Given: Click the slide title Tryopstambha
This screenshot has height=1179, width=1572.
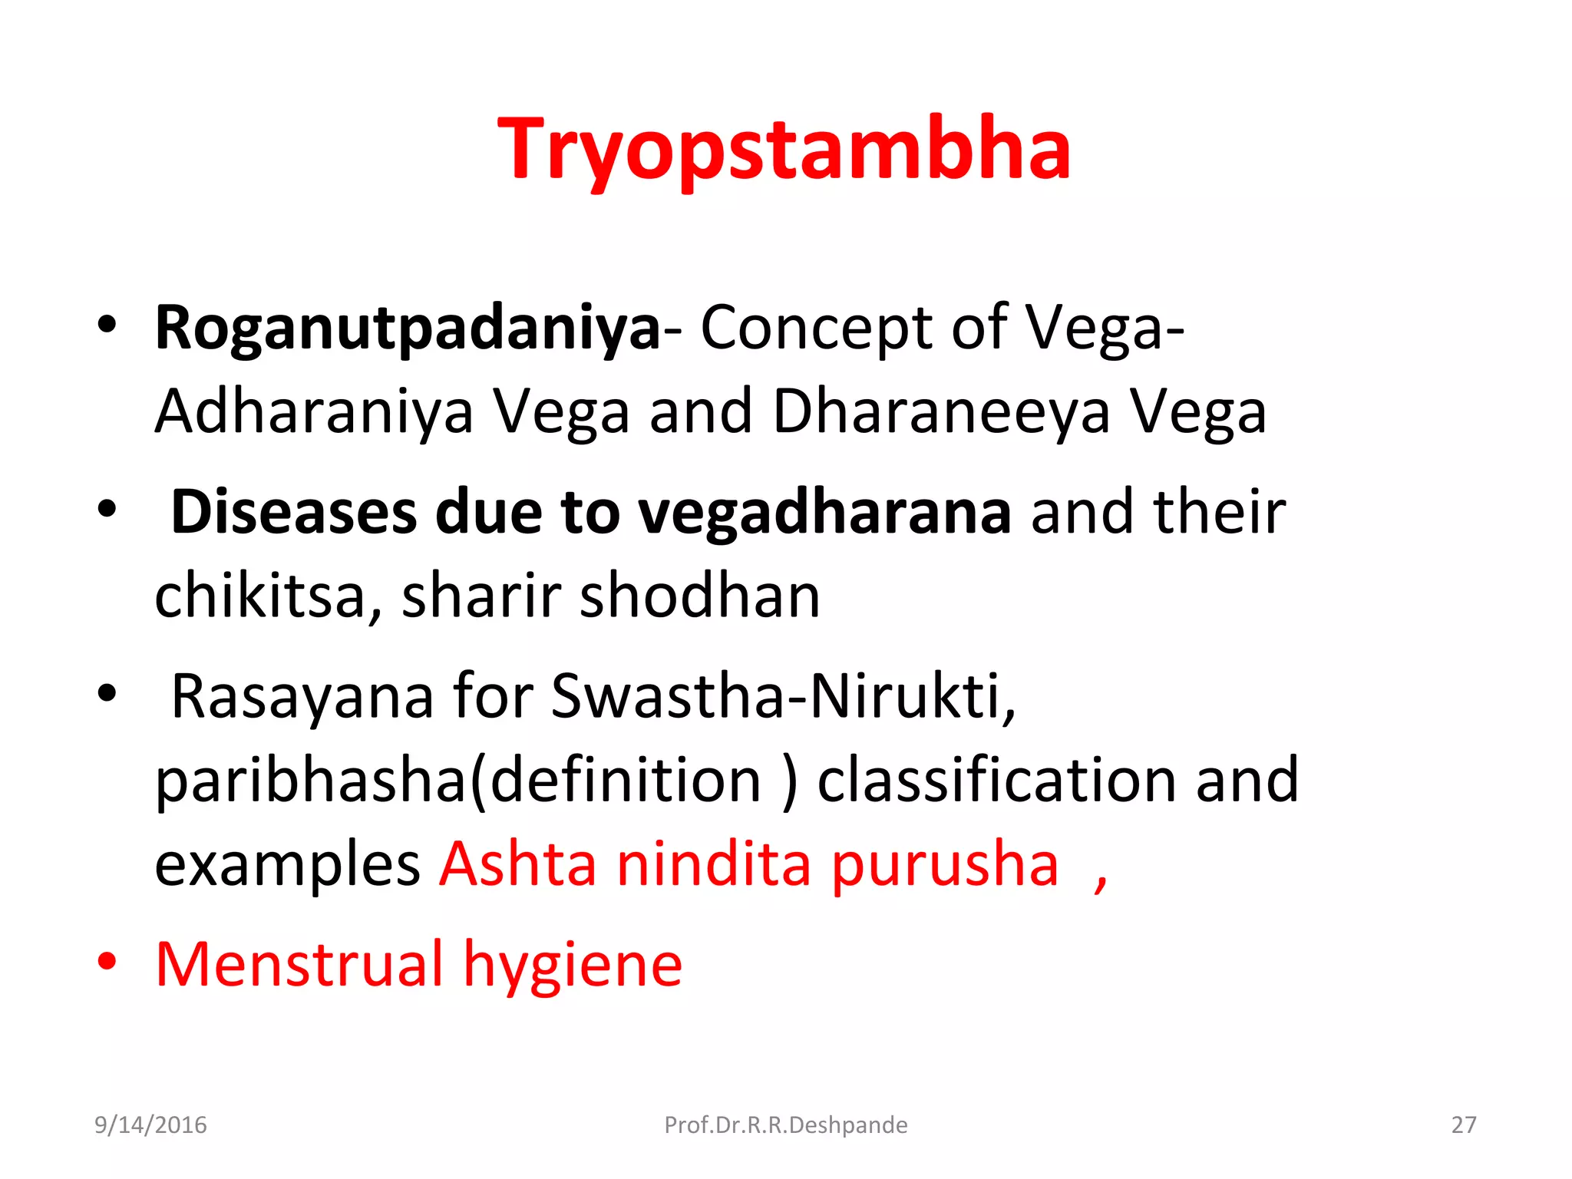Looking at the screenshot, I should (784, 150).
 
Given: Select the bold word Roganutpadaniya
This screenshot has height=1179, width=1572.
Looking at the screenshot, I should (408, 329).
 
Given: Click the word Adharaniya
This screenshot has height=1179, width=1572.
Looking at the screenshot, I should (314, 412).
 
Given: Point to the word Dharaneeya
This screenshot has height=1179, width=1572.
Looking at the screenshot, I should (941, 412).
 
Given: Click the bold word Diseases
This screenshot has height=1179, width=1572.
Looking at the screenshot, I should (294, 512).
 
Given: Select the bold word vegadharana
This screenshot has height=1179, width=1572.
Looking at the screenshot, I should (824, 512).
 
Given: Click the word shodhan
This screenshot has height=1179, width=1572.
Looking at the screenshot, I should (699, 596).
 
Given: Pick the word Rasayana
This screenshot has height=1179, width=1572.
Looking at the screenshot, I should (302, 697).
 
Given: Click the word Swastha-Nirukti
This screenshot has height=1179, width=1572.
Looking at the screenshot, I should (783, 695).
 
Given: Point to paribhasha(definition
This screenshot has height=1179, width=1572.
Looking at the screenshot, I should (457, 781).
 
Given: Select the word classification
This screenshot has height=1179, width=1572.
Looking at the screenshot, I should (996, 781).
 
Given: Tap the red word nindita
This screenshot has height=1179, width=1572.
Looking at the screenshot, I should (714, 864).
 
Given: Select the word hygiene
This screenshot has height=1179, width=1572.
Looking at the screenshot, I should (573, 966).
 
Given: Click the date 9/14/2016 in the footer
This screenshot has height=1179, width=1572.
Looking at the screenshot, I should (150, 1125).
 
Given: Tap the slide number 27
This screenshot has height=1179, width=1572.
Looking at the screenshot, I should (1463, 1125).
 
